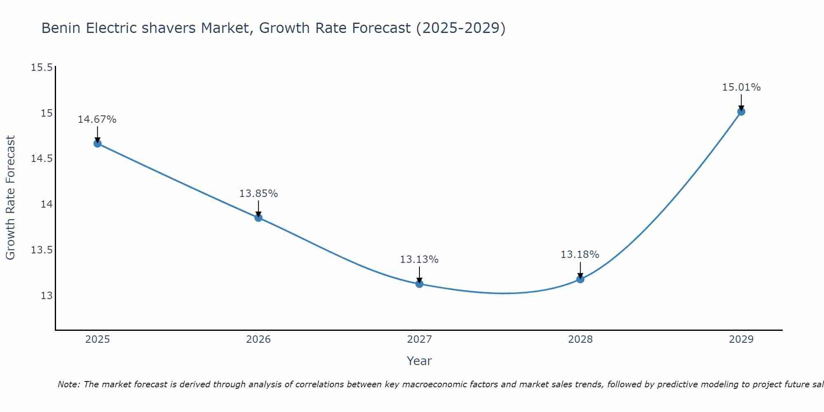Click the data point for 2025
click(98, 143)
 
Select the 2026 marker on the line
click(258, 218)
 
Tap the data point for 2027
click(419, 283)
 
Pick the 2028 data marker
click(580, 279)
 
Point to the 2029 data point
click(741, 111)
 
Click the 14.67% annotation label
click(97, 119)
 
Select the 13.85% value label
click(258, 193)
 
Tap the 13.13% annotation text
click(419, 260)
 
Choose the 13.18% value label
click(580, 255)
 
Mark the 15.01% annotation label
click(741, 87)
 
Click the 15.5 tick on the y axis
click(42, 67)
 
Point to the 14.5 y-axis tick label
click(42, 159)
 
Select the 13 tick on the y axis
click(47, 296)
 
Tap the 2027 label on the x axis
click(419, 339)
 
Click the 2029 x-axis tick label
click(741, 339)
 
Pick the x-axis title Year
click(419, 361)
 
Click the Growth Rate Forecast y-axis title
click(10, 198)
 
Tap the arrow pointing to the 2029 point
click(741, 102)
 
